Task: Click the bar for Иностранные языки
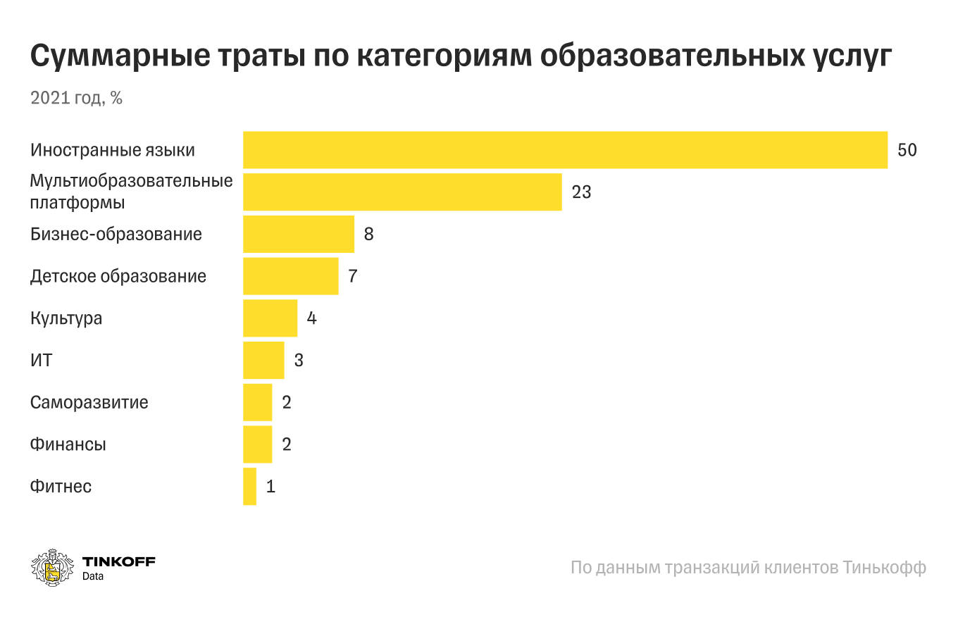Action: [565, 150]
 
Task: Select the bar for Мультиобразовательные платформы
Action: [402, 192]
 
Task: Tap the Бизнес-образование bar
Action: [299, 235]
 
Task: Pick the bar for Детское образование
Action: [290, 276]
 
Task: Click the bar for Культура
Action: [270, 318]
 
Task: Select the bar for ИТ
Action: [263, 361]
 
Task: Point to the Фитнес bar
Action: [249, 487]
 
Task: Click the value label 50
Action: [907, 150]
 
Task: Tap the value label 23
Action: [581, 192]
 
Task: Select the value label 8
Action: [368, 235]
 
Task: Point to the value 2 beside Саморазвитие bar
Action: [287, 403]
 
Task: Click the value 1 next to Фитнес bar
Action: [270, 487]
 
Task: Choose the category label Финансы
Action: [68, 445]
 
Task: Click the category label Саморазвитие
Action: [89, 403]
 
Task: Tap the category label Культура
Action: [66, 318]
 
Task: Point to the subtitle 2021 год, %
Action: [76, 99]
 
